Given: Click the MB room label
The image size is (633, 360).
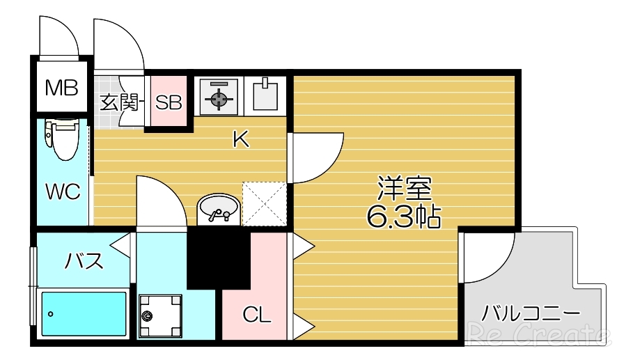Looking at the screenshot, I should click(x=61, y=88).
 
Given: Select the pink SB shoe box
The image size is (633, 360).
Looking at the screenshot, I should click(x=169, y=102).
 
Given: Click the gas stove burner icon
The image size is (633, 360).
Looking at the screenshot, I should click(x=219, y=97).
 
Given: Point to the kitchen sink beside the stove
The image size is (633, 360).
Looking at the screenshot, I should click(x=265, y=95).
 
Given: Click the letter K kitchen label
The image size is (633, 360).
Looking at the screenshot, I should click(x=240, y=140).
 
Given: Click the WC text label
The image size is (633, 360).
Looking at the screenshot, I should click(x=63, y=191).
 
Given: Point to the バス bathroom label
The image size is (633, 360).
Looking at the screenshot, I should click(x=84, y=262).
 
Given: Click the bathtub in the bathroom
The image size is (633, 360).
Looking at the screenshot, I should click(x=84, y=314).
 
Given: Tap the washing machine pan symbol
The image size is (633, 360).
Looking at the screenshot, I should click(x=160, y=315).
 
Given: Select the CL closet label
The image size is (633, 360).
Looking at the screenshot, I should click(x=256, y=315).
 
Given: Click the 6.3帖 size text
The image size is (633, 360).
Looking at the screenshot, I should click(x=403, y=218).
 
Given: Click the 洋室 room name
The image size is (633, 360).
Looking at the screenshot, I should click(x=405, y=188).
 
